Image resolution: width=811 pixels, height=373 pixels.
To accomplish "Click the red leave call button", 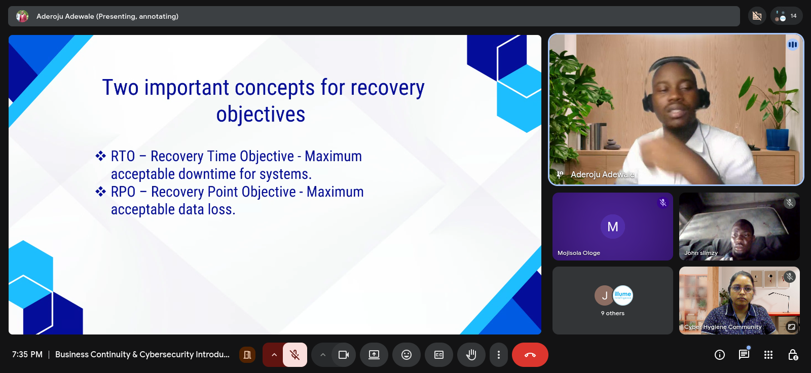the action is tap(530, 355).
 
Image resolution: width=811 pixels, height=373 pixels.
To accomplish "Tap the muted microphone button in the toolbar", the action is tap(295, 355).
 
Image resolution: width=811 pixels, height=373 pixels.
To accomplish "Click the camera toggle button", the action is tap(344, 355).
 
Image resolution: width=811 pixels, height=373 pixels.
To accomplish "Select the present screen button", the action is tap(374, 355).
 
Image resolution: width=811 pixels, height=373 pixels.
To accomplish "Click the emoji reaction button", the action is tap(407, 355).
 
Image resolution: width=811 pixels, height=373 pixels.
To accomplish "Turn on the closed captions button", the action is tap(439, 355).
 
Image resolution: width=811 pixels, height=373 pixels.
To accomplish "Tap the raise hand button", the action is tap(471, 355).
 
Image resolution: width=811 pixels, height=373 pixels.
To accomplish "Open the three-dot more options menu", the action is tap(499, 355).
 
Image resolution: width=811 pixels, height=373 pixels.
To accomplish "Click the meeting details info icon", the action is tap(720, 355).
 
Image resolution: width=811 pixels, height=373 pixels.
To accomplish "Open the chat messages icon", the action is tap(744, 355).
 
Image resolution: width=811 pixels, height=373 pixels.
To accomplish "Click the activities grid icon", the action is tap(768, 355).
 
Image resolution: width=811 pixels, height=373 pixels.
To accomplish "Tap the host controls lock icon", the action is tap(793, 355).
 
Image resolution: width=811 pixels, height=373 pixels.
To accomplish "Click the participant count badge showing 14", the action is tap(786, 16).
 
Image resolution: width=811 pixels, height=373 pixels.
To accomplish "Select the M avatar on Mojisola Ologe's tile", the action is tap(613, 227).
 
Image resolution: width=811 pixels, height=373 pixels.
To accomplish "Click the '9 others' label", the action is tap(613, 313).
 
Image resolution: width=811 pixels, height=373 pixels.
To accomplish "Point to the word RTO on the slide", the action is tap(123, 157).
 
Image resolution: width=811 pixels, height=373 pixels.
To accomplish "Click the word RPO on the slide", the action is tap(123, 192).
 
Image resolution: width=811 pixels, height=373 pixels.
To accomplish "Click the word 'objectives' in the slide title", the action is tap(261, 115).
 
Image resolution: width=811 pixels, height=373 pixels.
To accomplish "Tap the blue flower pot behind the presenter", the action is tap(778, 139).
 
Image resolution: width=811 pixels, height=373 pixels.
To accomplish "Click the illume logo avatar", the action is tap(623, 295).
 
